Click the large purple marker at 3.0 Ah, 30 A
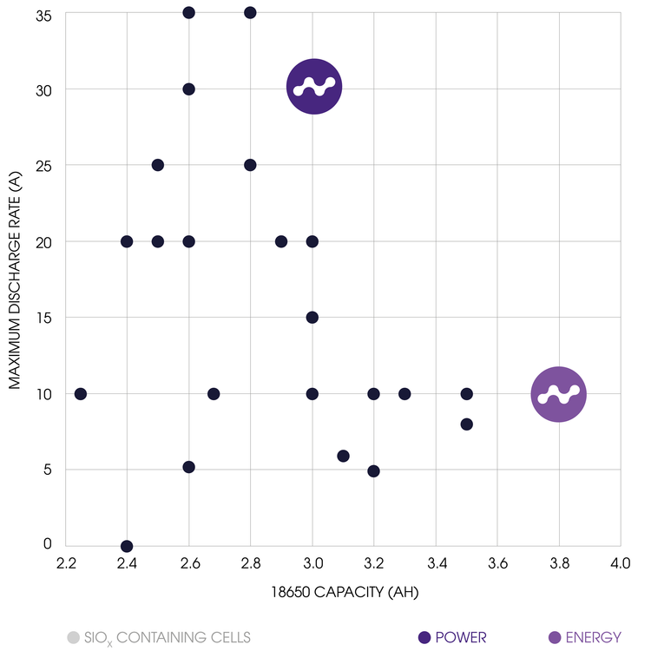(x=314, y=87)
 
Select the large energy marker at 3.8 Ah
(x=558, y=394)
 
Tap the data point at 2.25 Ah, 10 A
(x=81, y=394)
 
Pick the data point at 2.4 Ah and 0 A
(x=127, y=546)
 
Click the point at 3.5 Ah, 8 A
(x=466, y=424)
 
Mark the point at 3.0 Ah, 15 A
(x=312, y=318)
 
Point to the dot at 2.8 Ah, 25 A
(x=250, y=165)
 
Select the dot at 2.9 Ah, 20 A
(x=281, y=241)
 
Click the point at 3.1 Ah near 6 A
(x=343, y=456)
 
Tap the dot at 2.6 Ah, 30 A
(x=188, y=89)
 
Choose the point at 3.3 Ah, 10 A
(x=404, y=394)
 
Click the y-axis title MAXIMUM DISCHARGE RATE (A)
(x=16, y=278)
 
